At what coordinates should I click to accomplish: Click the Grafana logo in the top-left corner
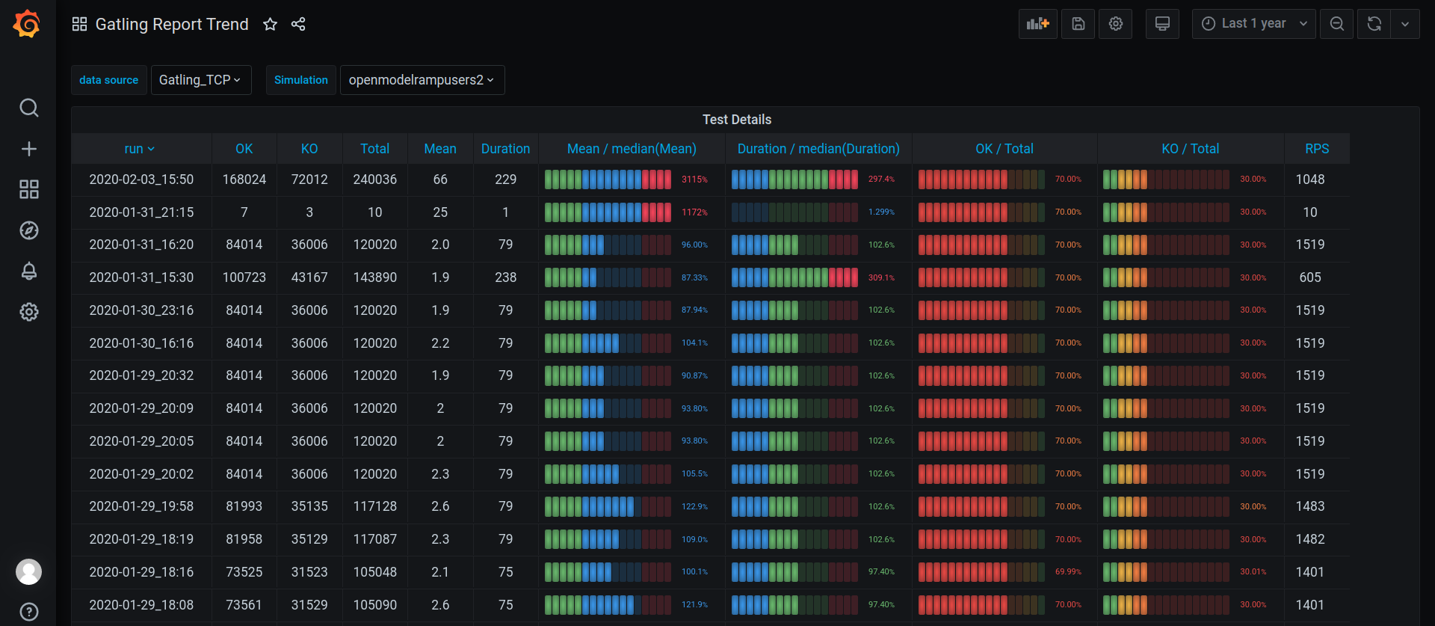click(x=27, y=24)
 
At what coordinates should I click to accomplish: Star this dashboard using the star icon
click(x=271, y=25)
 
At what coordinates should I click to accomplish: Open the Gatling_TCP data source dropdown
click(x=200, y=80)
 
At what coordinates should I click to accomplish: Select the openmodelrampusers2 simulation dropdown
click(x=422, y=80)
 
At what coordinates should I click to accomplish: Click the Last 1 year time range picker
click(x=1253, y=24)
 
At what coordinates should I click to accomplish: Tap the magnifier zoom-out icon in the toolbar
click(x=1337, y=24)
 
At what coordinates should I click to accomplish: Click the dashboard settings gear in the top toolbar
click(x=1116, y=24)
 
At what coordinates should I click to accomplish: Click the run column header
click(x=140, y=149)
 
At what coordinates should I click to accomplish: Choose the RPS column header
click(x=1317, y=149)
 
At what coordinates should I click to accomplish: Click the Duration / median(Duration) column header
click(x=818, y=149)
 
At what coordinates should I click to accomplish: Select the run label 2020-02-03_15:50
click(x=141, y=179)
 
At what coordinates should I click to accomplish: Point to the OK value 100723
click(x=244, y=277)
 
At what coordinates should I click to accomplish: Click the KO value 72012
click(x=309, y=179)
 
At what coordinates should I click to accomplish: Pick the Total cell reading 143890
click(x=375, y=277)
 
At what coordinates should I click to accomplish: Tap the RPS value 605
click(x=1310, y=277)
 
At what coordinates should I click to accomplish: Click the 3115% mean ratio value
click(x=694, y=179)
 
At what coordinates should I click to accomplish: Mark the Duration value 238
click(x=506, y=277)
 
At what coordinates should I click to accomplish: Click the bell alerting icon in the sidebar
click(x=29, y=271)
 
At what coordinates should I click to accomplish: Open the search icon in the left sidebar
click(x=29, y=108)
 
